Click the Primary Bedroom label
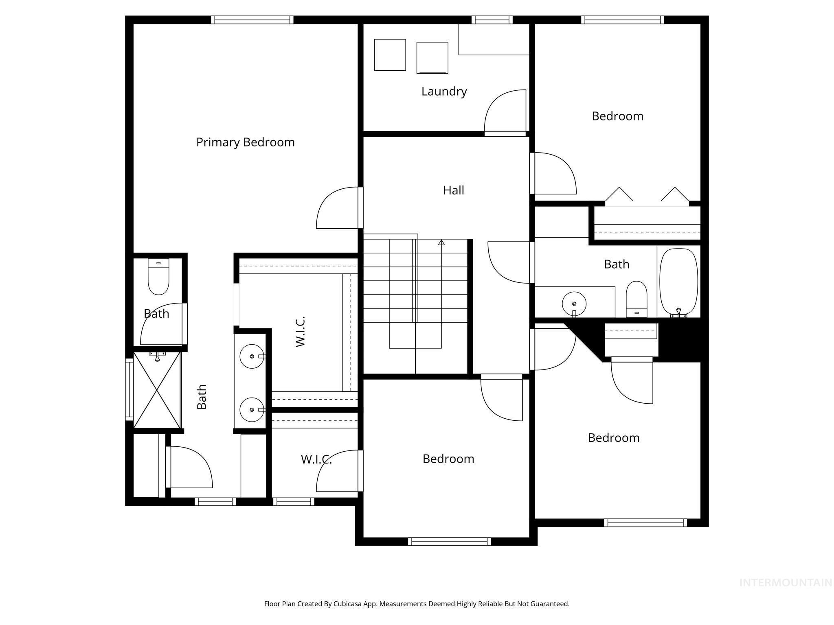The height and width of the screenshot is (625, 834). [245, 142]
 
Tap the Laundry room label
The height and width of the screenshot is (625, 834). [444, 92]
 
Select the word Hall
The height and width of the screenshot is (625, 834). [453, 190]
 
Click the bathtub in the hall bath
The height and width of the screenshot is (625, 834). [678, 282]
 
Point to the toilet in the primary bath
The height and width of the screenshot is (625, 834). [158, 277]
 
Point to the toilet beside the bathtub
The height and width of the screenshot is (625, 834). [636, 299]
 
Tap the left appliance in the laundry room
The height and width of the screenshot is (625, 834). [390, 55]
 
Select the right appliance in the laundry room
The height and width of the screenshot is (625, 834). [432, 58]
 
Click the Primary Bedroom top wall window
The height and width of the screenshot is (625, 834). [252, 20]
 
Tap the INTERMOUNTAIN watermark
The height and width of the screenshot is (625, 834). [786, 583]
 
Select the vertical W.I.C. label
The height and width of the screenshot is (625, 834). [301, 332]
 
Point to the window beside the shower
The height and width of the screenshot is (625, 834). [129, 389]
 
